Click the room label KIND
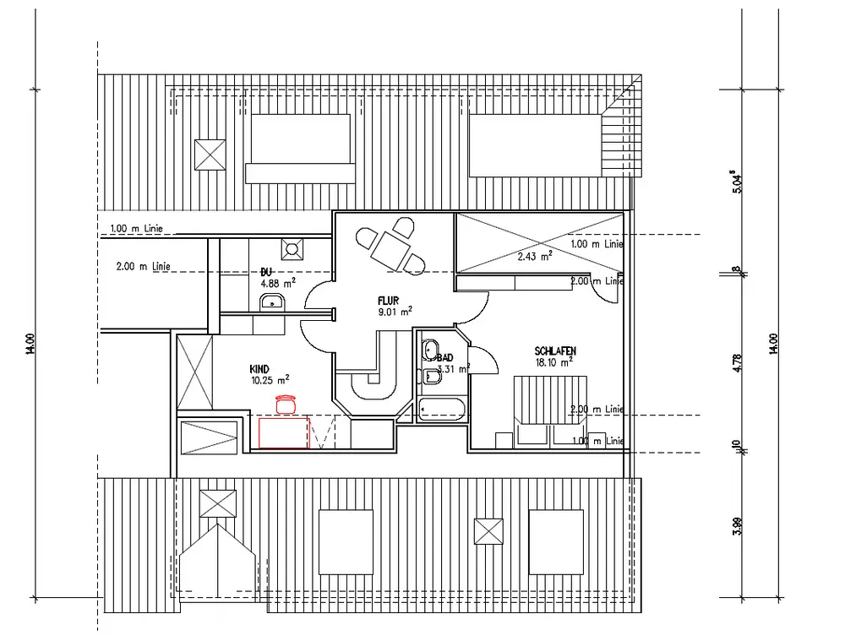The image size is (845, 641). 259,369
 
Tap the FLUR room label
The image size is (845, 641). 389,300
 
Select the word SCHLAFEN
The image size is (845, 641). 554,350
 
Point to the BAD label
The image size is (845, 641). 445,358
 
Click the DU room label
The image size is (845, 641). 266,272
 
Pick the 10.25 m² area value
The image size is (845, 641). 270,380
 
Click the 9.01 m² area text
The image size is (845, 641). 395,311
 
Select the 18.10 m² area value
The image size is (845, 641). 554,361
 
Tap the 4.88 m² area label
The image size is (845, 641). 278,283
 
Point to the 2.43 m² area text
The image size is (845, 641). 535,255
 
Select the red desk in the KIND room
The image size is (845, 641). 284,432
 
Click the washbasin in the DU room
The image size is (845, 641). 272,303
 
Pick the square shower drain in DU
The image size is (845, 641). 292,249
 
